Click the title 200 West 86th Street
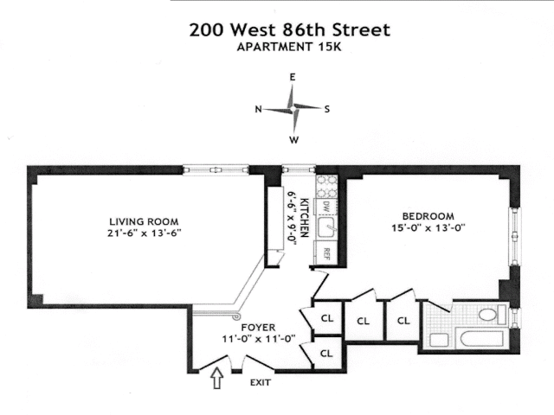click(x=289, y=30)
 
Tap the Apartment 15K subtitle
click(x=289, y=48)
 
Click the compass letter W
click(x=294, y=139)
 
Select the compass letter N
click(x=258, y=109)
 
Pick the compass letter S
click(x=326, y=109)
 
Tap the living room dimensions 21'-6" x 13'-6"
click(x=144, y=233)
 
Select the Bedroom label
click(x=428, y=215)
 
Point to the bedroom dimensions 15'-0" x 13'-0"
click(x=428, y=228)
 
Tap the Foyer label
click(x=259, y=328)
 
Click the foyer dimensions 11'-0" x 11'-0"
click(x=259, y=340)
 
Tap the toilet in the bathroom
click(x=490, y=315)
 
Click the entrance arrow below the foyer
click(x=216, y=378)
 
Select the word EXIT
click(x=261, y=381)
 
